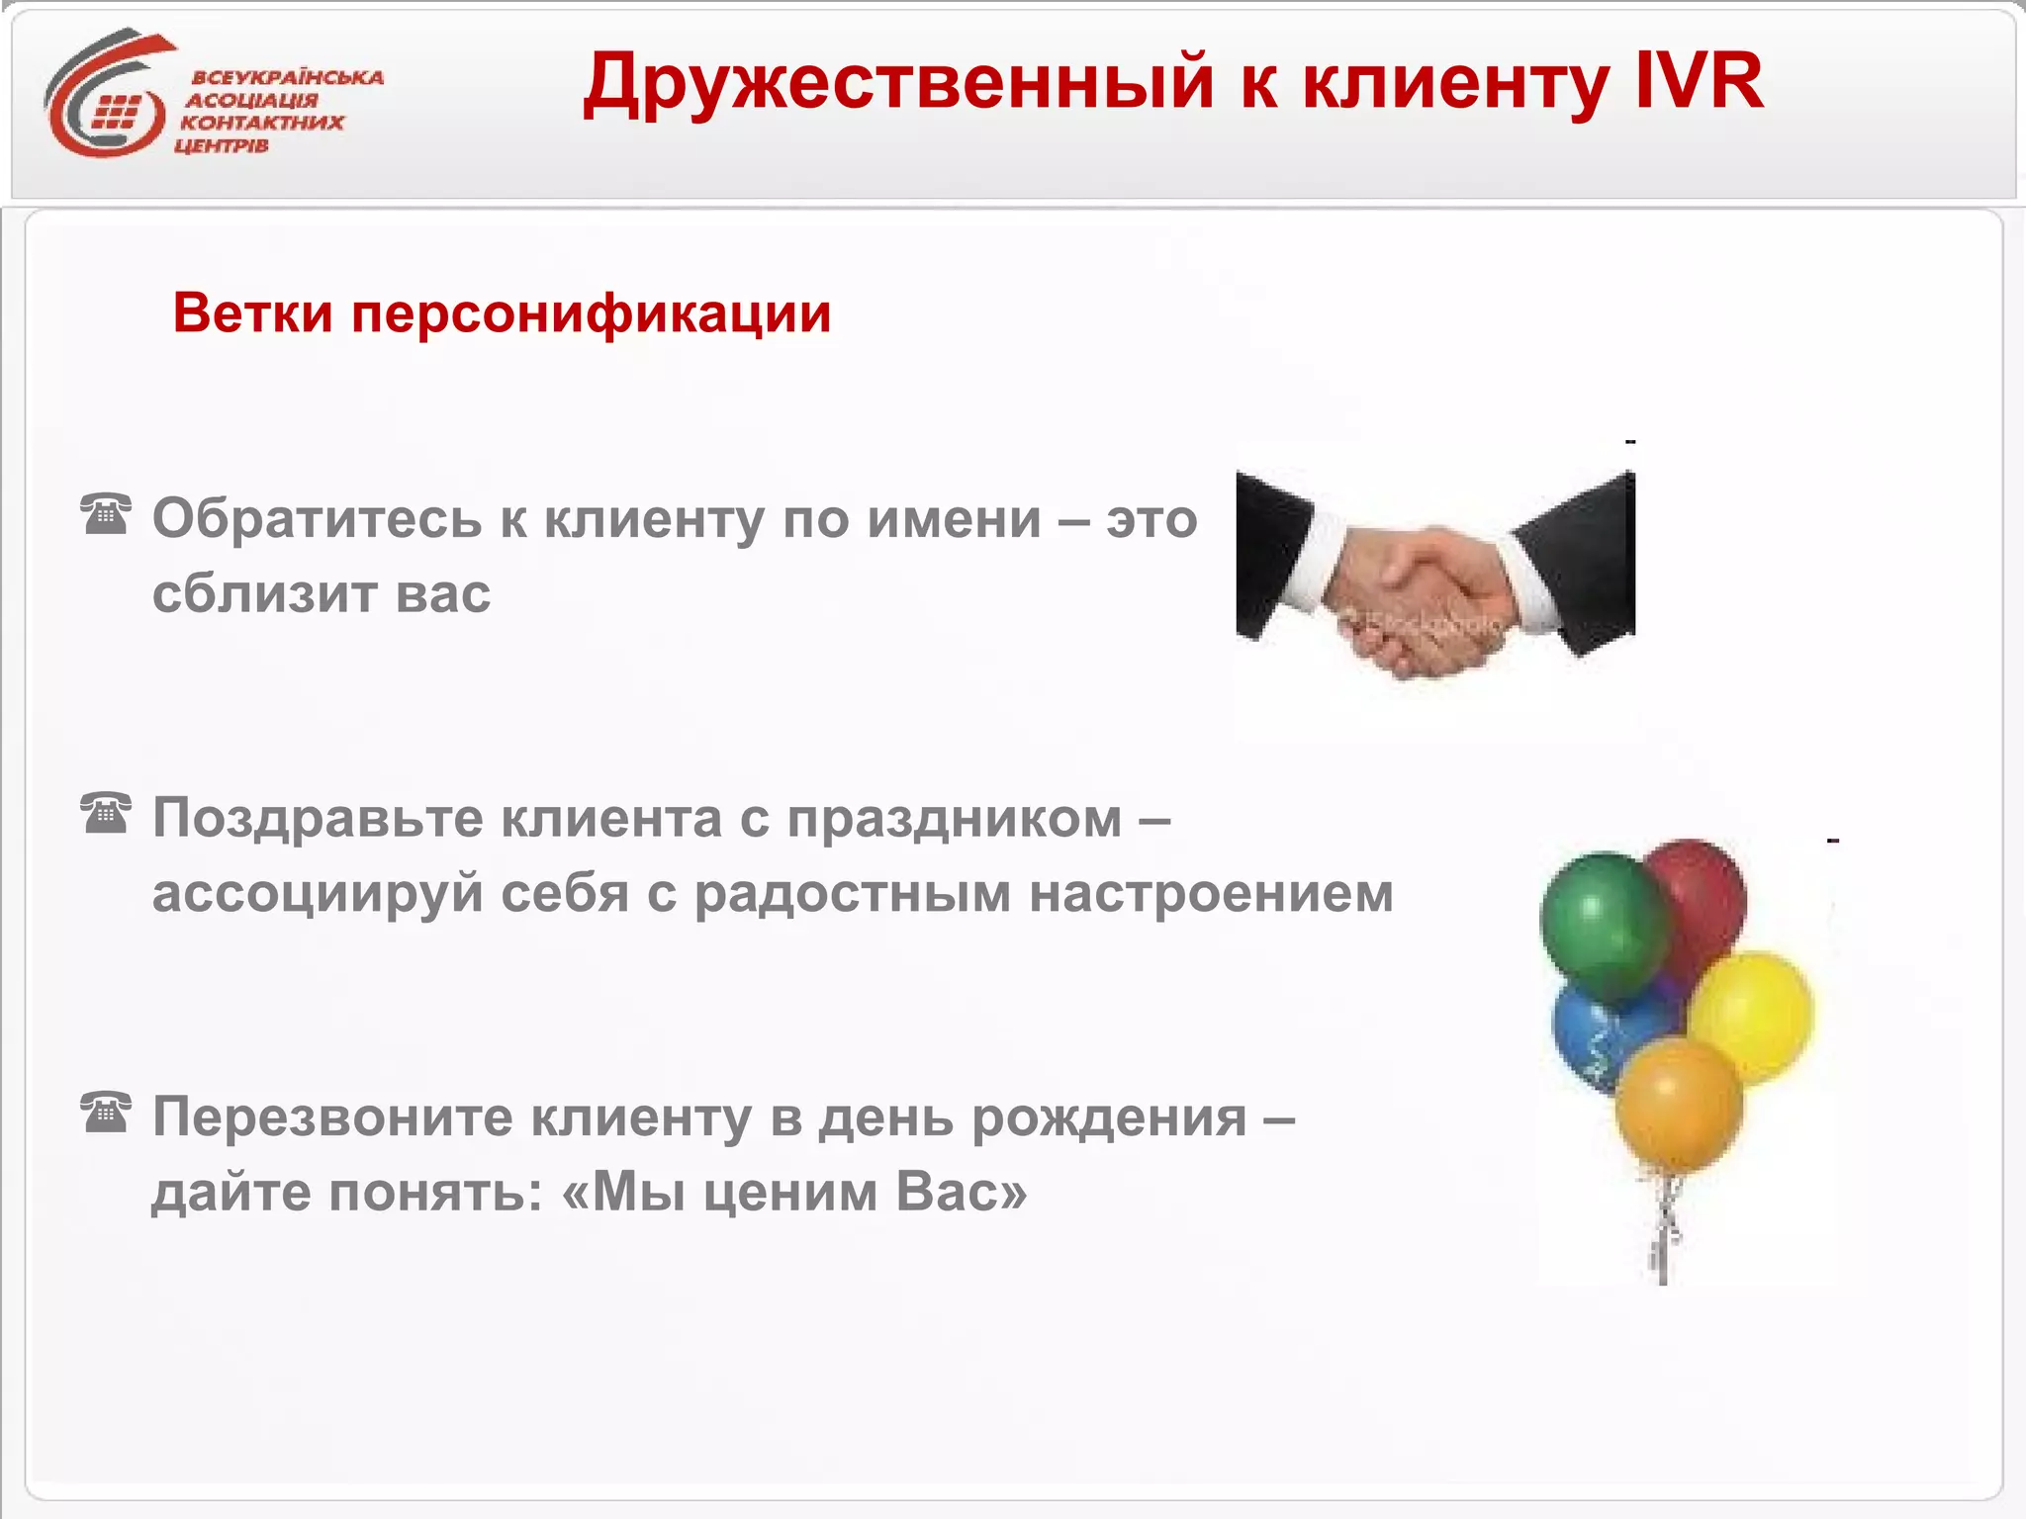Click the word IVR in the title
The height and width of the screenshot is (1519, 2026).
point(1699,81)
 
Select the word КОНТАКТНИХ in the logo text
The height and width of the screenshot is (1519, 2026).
point(262,123)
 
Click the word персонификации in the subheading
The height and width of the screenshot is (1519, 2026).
point(591,314)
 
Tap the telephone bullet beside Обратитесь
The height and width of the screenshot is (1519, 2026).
point(106,513)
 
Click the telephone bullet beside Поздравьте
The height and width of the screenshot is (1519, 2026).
point(106,813)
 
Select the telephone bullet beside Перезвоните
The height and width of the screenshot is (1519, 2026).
point(106,1113)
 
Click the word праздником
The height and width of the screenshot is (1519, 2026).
point(955,819)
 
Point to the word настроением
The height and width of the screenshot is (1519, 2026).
point(1211,893)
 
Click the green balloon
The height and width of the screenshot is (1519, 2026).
point(1603,925)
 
